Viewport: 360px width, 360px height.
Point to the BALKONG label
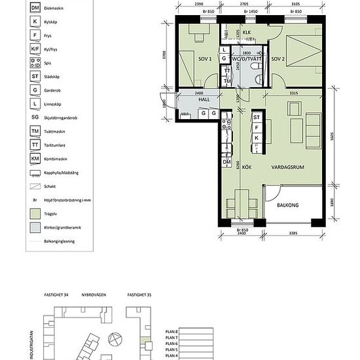point(287,206)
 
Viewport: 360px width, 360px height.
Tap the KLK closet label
point(247,32)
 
